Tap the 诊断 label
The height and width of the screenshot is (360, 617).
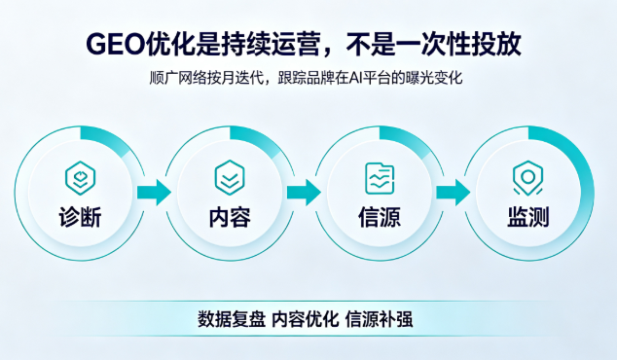(80, 217)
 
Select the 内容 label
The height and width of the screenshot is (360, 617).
(230, 217)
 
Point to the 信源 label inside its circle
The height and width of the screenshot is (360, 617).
(380, 217)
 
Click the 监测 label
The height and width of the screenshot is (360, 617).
(528, 217)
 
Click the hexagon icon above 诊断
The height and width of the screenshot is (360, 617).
(80, 178)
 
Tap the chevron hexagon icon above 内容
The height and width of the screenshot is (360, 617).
(230, 178)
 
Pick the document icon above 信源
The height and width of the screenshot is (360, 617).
(380, 178)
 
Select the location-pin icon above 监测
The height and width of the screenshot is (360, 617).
(528, 178)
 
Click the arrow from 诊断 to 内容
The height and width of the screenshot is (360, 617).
(154, 193)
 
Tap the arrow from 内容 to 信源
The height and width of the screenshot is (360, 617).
(304, 193)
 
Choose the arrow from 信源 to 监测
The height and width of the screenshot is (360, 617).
(454, 193)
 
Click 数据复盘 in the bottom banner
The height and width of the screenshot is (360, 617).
(232, 319)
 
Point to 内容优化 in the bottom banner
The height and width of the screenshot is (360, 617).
(306, 319)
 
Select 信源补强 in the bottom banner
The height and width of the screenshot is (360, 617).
(380, 319)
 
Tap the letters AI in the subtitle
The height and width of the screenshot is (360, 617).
(354, 78)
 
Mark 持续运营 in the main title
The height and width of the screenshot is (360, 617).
(269, 44)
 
